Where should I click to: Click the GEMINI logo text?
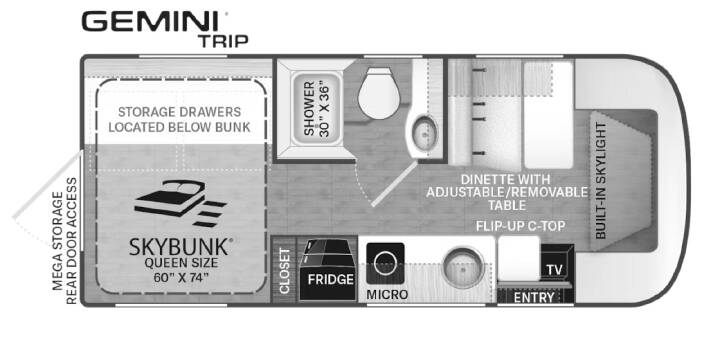pos(155,21)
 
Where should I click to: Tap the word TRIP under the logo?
pos(223,41)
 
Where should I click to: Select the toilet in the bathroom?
pos(377,93)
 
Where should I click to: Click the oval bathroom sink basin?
pos(424,132)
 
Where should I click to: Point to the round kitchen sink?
pos(463,268)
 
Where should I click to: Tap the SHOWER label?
pos(310,109)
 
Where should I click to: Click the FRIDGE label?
pos(331,279)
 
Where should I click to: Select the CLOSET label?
pos(284,271)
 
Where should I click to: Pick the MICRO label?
pos(387,294)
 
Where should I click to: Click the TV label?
pos(555,270)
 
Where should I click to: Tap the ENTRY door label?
pos(534,298)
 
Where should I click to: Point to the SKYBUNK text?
pos(178,247)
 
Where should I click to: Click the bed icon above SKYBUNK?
pos(180,203)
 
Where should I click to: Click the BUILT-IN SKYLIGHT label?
pos(600,180)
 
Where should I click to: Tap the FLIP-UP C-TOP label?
pos(520,226)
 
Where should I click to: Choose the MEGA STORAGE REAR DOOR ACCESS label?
pos(64,241)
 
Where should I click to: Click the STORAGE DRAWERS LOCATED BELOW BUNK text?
pos(180,119)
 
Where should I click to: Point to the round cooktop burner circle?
pos(385,264)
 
